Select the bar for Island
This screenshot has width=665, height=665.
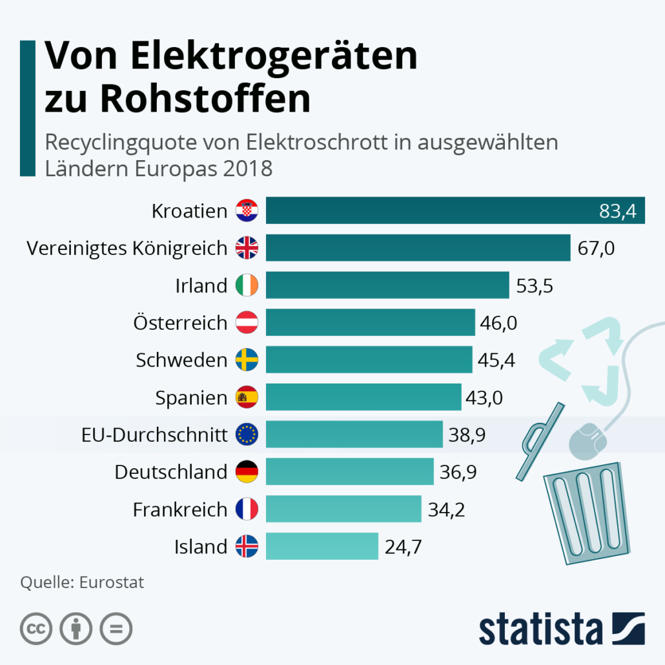tap(322, 546)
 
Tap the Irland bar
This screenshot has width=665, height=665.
tap(387, 285)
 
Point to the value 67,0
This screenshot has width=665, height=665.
tap(597, 249)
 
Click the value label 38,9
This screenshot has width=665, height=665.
tap(467, 435)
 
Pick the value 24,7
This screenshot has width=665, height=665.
tap(403, 547)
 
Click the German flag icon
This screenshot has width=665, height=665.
tap(247, 472)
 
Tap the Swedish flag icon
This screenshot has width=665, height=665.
tap(247, 360)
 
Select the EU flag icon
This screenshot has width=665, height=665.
tap(247, 435)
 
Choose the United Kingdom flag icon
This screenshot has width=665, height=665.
tap(247, 248)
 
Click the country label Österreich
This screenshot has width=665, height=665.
tap(180, 322)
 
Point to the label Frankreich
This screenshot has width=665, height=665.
tap(180, 509)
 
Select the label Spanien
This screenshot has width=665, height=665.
tap(191, 398)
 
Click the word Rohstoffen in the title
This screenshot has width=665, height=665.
tap(205, 98)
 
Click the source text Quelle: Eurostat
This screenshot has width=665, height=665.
tap(82, 582)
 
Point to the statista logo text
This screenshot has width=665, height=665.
tap(540, 629)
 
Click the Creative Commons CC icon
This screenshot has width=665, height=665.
tap(36, 628)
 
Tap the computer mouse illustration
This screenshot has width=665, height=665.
tap(588, 438)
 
